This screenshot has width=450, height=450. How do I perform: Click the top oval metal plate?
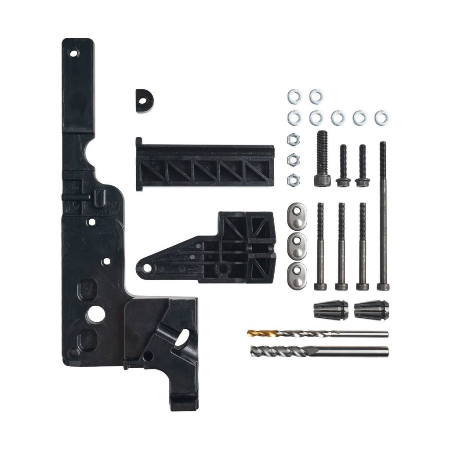[x=298, y=216]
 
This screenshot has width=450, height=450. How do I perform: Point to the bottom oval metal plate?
[x=298, y=276]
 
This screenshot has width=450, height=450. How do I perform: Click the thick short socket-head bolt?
[x=322, y=159]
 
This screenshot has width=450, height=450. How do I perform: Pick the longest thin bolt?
[x=383, y=215]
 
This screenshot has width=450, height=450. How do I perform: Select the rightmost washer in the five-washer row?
[x=381, y=117]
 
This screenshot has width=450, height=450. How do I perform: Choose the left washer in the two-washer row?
[x=294, y=95]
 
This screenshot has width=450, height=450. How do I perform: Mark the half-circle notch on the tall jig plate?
[x=92, y=156]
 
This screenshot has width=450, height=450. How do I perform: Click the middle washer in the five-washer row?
[x=337, y=117]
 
